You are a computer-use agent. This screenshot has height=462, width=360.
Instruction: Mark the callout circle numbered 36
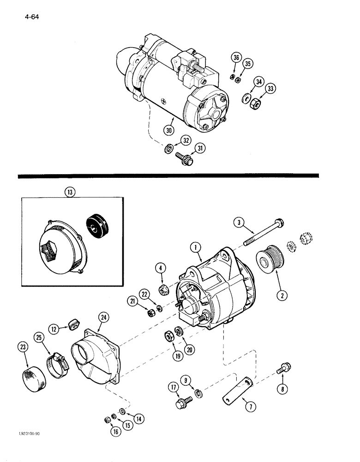237,58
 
